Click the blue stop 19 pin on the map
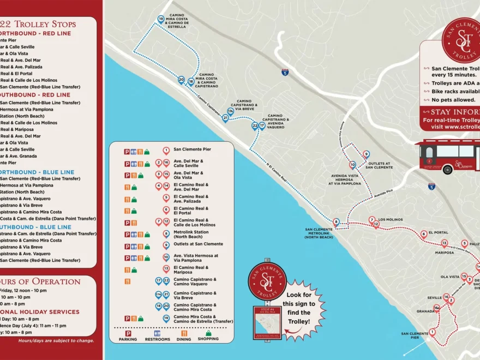coord(161,19)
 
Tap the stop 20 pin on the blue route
coord(181,80)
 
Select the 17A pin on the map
coord(230,111)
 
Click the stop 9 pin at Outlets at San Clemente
coord(366,154)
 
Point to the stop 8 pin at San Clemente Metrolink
coord(336,222)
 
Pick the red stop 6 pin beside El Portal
coord(423,234)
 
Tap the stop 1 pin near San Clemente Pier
coord(432,332)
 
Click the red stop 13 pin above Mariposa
coord(444,243)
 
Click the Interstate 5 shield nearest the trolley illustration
coord(431,187)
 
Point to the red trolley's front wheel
coord(447,169)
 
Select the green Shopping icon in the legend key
coord(208,333)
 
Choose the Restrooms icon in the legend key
coord(157,333)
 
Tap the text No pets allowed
coord(452,100)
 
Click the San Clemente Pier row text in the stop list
coord(192,149)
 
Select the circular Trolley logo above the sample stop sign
coord(267,281)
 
